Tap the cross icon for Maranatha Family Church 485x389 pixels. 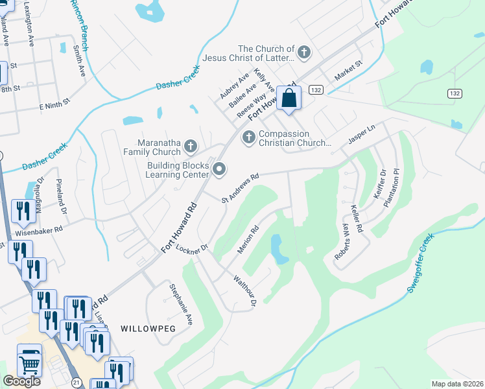coord(191,147)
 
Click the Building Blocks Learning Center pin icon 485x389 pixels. coord(219,171)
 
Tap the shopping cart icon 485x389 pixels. coord(29,364)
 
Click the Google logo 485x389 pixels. coord(21,381)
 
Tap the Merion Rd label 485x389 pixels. coord(249,240)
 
